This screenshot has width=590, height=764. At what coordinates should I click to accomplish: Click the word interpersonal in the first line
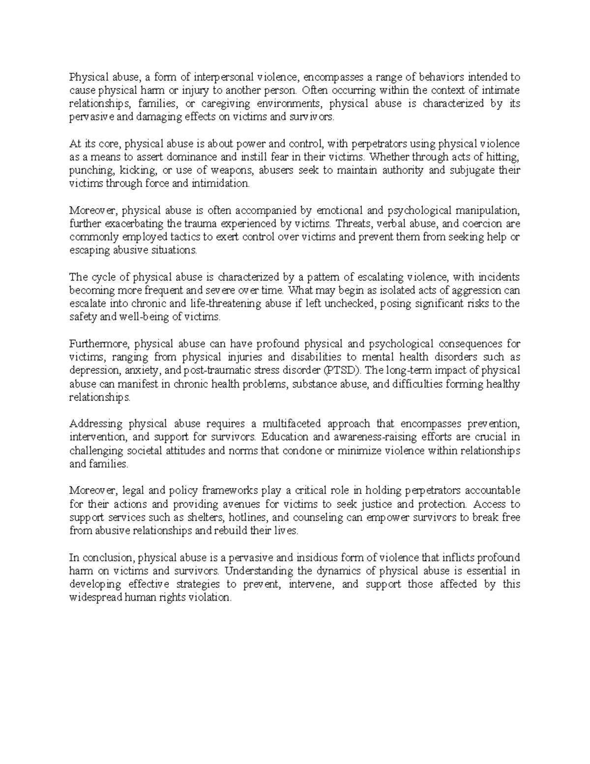point(224,77)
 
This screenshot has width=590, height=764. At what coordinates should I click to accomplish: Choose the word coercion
point(481,224)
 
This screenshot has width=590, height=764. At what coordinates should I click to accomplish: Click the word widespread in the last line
point(96,598)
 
